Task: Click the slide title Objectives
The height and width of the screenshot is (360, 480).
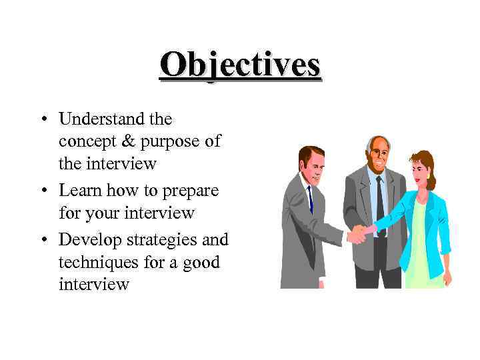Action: (x=240, y=65)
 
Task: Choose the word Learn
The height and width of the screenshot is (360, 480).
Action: (x=79, y=190)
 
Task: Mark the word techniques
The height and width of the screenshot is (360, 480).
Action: (x=97, y=263)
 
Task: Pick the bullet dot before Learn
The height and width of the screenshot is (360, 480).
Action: (x=43, y=191)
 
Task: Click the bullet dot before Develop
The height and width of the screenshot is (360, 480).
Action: (x=43, y=239)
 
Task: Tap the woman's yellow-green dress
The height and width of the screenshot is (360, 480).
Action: (x=419, y=247)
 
